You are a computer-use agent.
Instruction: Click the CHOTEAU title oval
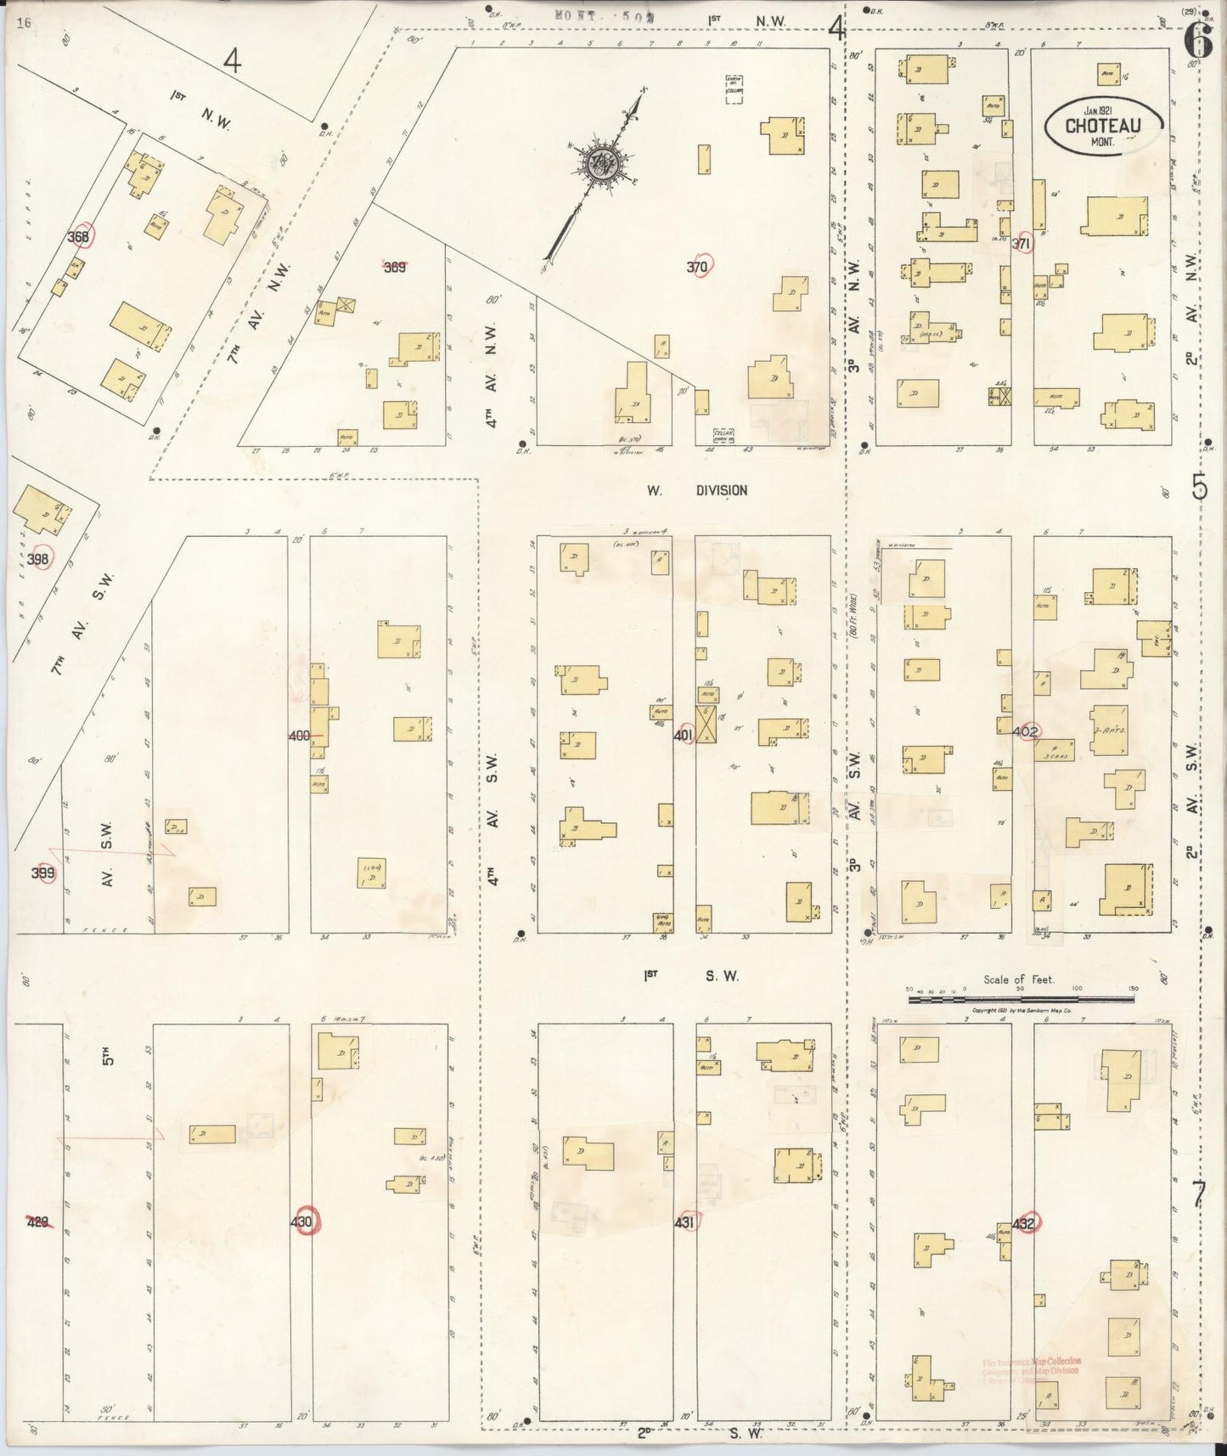pyautogui.click(x=1102, y=126)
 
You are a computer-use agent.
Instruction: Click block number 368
pyautogui.click(x=79, y=237)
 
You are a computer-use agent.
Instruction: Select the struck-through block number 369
pyautogui.click(x=394, y=267)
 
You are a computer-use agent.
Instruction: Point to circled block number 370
pyautogui.click(x=699, y=267)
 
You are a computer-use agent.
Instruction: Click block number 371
pyautogui.click(x=1022, y=244)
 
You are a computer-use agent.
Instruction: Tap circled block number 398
pyautogui.click(x=38, y=558)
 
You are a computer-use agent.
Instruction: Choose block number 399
pyautogui.click(x=43, y=872)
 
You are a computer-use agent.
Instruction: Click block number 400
pyautogui.click(x=299, y=736)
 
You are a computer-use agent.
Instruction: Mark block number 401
pyautogui.click(x=684, y=736)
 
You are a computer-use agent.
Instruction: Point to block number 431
pyautogui.click(x=685, y=1222)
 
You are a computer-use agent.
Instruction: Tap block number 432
pyautogui.click(x=1024, y=1223)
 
